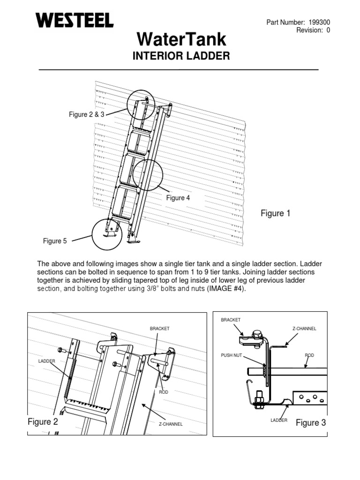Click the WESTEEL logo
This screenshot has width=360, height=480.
74,20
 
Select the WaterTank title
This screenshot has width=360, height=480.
181,39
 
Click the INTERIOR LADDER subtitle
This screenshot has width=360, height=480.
181,56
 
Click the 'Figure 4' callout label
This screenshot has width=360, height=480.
178,198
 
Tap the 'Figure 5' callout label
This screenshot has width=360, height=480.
55,241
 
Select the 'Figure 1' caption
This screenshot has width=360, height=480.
276,214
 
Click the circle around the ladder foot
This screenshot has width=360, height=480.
107,234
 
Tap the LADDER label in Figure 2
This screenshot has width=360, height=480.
47,360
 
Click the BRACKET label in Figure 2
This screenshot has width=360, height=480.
159,329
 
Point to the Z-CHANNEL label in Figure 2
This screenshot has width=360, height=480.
170,424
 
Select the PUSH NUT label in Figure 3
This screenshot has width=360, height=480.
231,355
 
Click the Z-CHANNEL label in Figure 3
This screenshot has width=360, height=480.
304,329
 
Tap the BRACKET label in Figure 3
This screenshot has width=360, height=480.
231,320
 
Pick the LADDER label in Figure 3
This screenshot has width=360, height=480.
279,420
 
